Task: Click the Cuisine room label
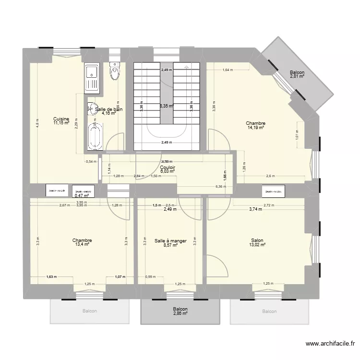(61, 119)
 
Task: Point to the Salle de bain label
(109, 109)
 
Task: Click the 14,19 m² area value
(256, 128)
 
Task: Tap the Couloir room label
(168, 167)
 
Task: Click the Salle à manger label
(170, 240)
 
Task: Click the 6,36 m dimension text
(220, 187)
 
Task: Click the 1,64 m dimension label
(228, 70)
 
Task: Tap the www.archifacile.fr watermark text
(331, 344)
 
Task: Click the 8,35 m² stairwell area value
(167, 107)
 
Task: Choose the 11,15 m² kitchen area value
(61, 123)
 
